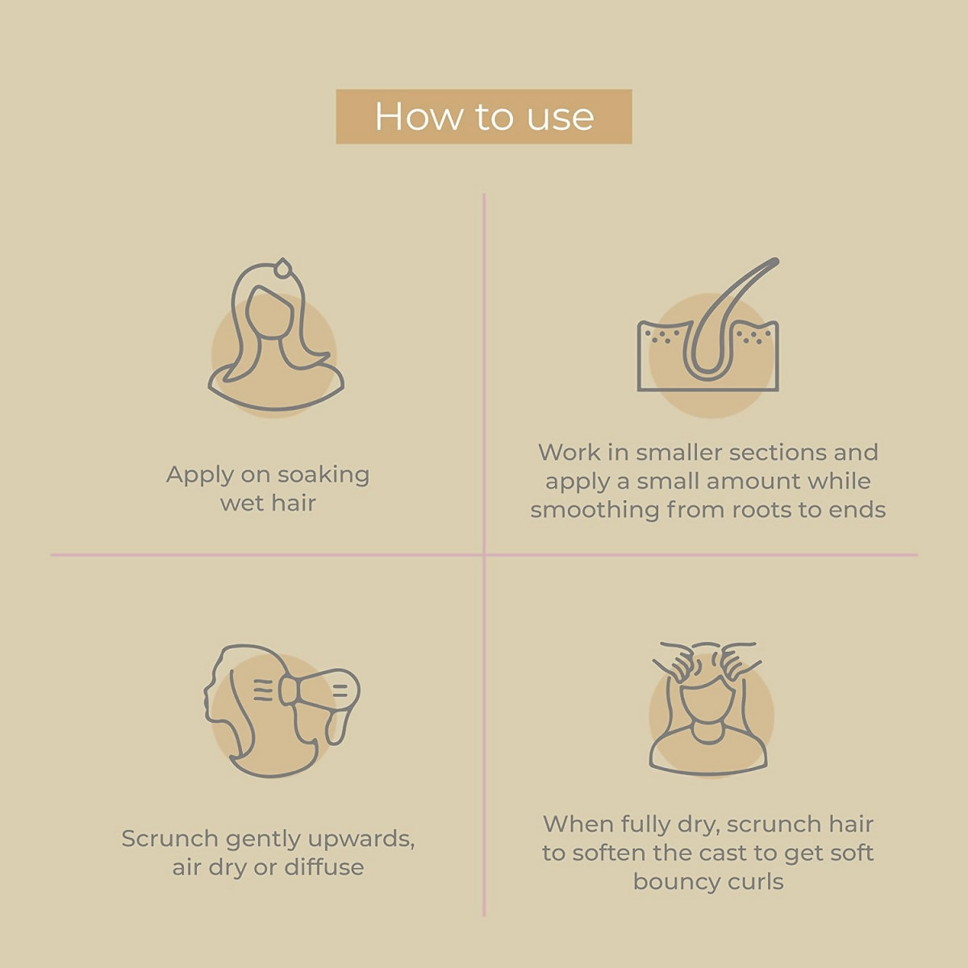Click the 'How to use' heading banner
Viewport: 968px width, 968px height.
point(484,116)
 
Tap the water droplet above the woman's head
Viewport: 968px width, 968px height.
point(283,268)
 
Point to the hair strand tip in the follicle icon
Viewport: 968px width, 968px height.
point(775,261)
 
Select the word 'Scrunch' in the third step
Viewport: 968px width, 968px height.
point(169,838)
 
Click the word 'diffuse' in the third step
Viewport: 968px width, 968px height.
point(324,867)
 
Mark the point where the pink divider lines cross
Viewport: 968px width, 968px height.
point(484,555)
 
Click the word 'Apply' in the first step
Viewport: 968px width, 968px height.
point(200,476)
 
